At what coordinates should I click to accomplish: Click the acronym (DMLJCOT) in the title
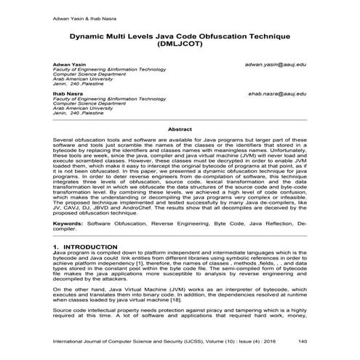180,44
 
